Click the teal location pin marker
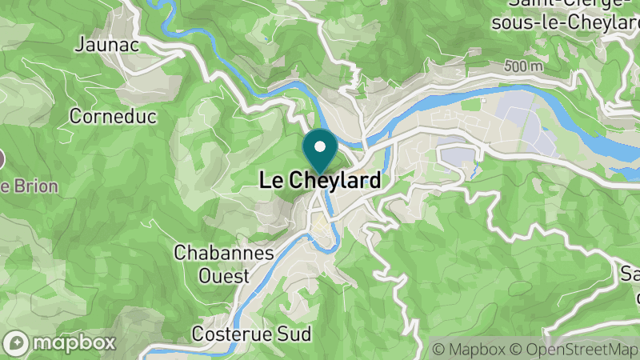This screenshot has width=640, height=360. point(320,151)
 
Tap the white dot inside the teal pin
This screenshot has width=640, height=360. point(320,146)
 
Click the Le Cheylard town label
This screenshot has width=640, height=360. point(320,182)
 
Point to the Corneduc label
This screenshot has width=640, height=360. point(112,116)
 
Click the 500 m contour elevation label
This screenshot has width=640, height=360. point(523,66)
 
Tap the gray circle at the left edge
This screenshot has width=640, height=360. point(1,158)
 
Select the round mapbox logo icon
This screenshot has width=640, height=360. point(17,342)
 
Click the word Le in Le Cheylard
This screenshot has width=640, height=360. point(270,182)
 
